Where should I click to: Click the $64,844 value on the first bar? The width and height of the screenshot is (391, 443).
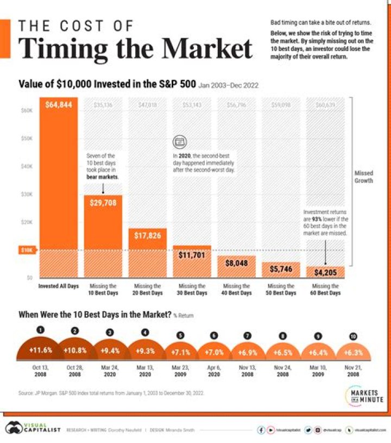click(x=58, y=105)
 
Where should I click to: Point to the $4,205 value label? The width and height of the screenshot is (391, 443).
click(x=325, y=273)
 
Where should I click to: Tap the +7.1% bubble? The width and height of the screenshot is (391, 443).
click(x=180, y=352)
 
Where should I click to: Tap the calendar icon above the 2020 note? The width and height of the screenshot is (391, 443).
click(x=179, y=143)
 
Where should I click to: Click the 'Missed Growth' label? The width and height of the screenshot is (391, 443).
click(x=364, y=177)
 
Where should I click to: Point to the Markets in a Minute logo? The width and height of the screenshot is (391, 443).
click(x=364, y=395)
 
